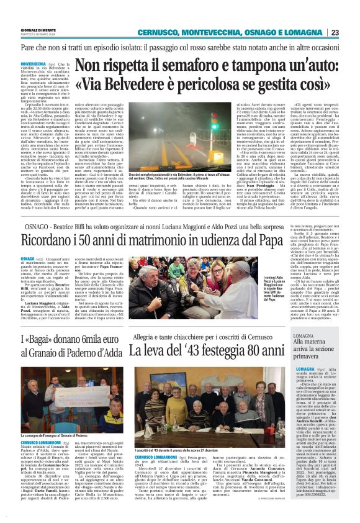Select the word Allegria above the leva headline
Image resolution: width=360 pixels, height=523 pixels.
click(148, 340)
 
